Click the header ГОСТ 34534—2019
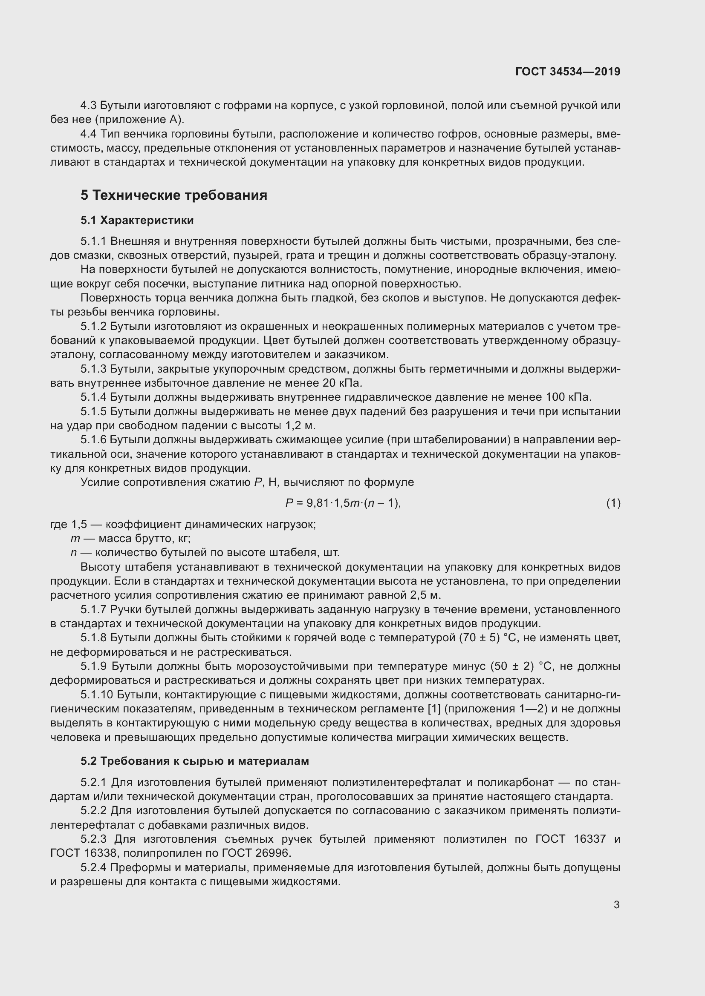click(567, 72)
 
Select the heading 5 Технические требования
click(173, 195)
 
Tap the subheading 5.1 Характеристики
click(137, 221)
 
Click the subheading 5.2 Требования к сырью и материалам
click(195, 761)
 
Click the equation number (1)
click(613, 503)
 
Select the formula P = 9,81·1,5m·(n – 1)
click(343, 503)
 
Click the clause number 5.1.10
click(97, 695)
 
